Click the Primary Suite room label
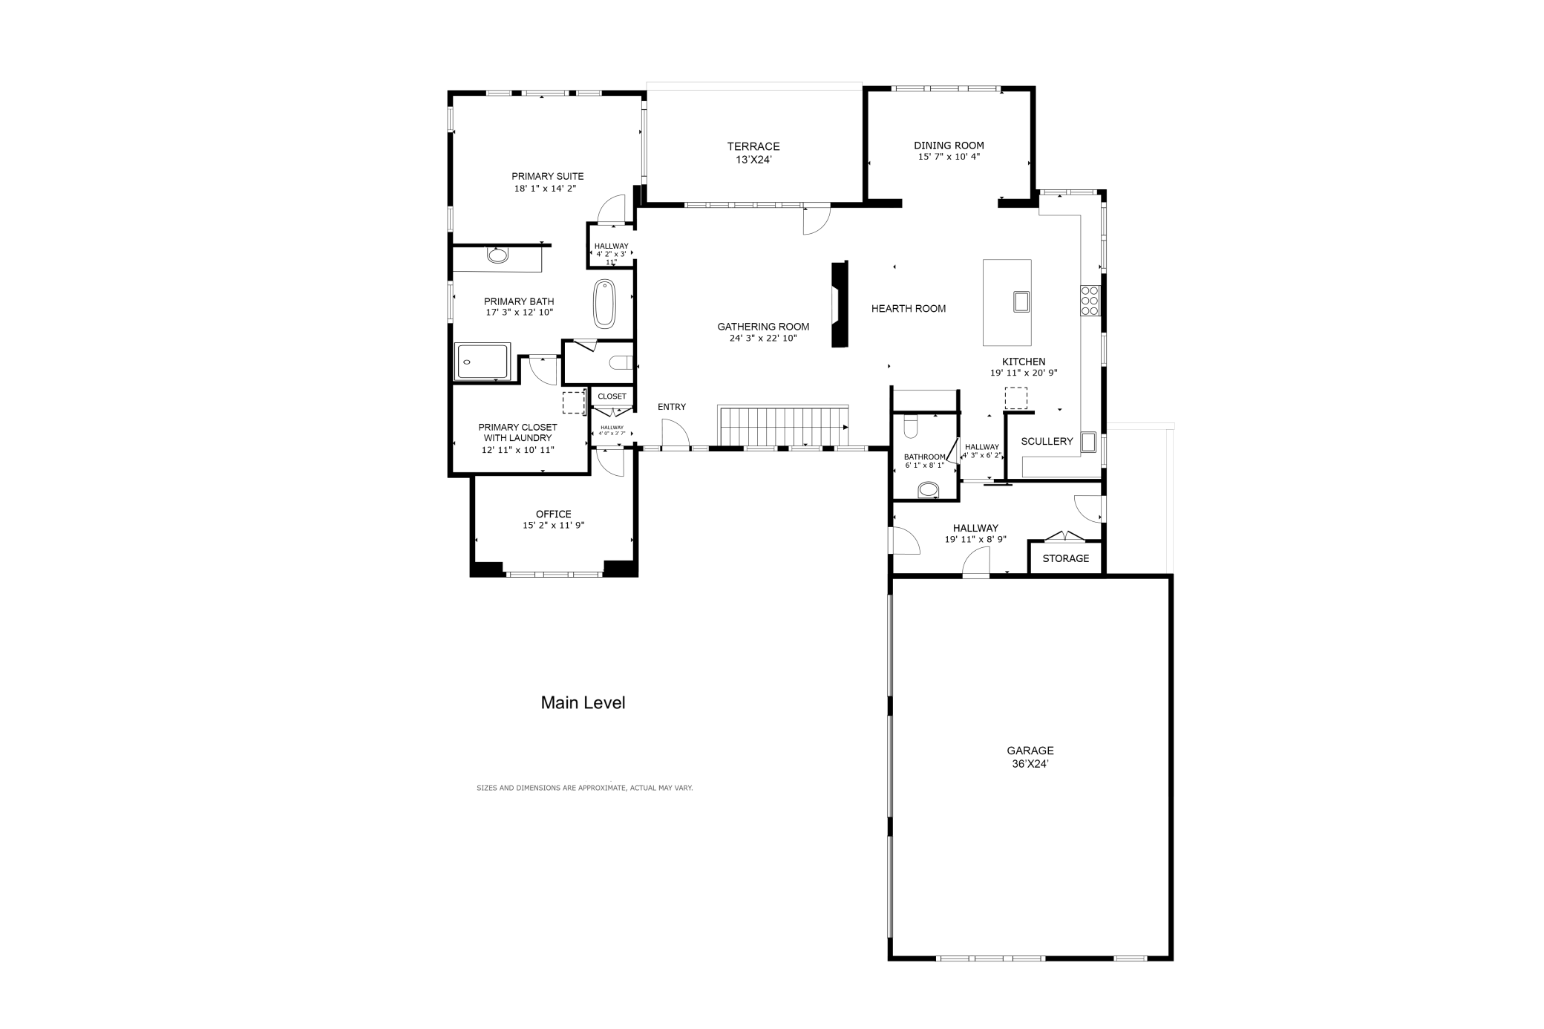[x=547, y=176]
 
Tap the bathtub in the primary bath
[x=604, y=304]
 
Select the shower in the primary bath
[x=482, y=361]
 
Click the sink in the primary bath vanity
[x=498, y=255]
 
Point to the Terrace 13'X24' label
[x=753, y=152]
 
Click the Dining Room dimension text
[x=949, y=157]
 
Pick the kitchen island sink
[x=1021, y=301]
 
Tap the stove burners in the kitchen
[x=1090, y=301]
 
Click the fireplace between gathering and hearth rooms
[x=840, y=304]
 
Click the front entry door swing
[x=675, y=434]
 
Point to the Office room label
[x=554, y=514]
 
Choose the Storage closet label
[x=1065, y=558]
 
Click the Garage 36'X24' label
[x=1030, y=757]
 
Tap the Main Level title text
[x=583, y=702]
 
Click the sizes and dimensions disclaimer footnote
[x=584, y=788]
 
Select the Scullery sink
[x=1089, y=442]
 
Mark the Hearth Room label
[x=909, y=309]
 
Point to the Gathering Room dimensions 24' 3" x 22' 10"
[x=763, y=339]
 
